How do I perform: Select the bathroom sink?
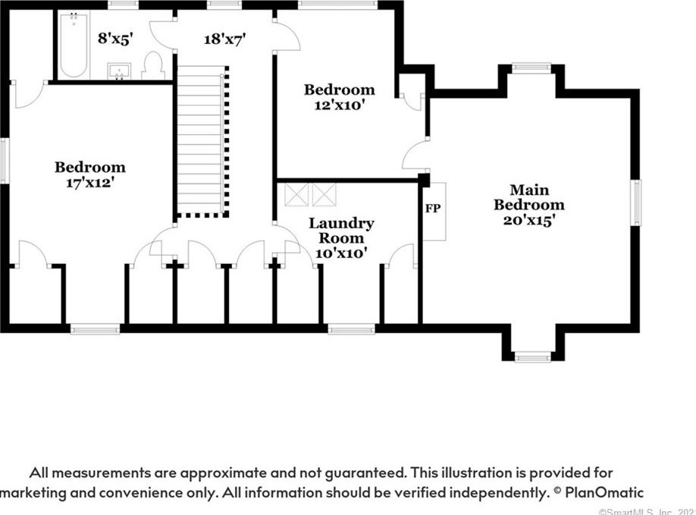(x=119, y=71)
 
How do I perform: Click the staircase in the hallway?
(x=201, y=140)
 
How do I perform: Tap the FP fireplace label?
(x=433, y=207)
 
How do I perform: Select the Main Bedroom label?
(x=528, y=197)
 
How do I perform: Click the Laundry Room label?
(x=341, y=231)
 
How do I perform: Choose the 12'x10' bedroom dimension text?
(x=340, y=105)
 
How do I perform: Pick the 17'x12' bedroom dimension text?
(x=89, y=182)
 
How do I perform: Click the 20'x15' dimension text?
(x=529, y=221)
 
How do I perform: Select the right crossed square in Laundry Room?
(x=324, y=194)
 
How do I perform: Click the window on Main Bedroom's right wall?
(x=637, y=203)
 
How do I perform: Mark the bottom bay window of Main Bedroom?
(x=531, y=356)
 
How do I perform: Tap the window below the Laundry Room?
(x=351, y=328)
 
